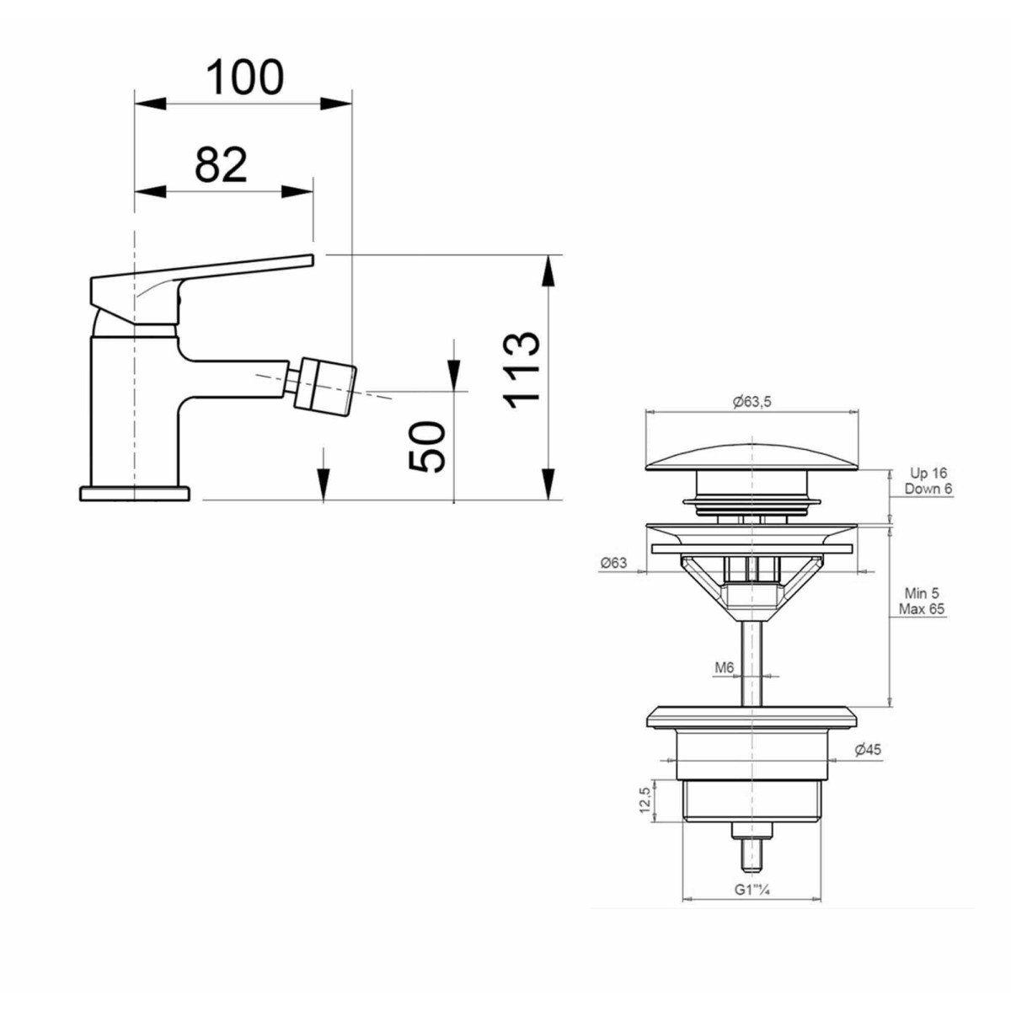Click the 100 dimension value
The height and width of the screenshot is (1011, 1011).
point(244,77)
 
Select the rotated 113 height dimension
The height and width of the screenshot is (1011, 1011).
point(521,370)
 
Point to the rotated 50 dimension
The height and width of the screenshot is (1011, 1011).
point(426,447)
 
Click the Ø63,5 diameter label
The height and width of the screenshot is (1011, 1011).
point(752,401)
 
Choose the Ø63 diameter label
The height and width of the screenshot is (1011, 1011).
point(614,563)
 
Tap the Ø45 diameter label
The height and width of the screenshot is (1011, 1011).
point(868,750)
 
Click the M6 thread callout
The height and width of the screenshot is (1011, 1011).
point(724,668)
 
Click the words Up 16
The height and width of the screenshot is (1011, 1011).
point(928,473)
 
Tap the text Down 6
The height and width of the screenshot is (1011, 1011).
point(928,489)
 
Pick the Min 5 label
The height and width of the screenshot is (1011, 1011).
point(922,593)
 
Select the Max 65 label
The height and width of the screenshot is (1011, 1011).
point(922,609)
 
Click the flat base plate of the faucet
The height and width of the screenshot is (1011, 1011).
point(134,494)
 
